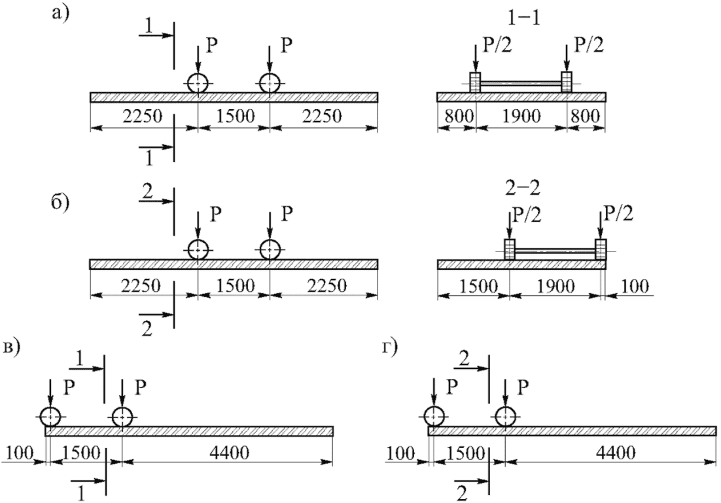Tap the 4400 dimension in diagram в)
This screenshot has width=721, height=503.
click(x=226, y=453)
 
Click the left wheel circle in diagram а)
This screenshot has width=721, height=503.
click(x=198, y=84)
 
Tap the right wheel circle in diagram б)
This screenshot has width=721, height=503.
click(x=270, y=250)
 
